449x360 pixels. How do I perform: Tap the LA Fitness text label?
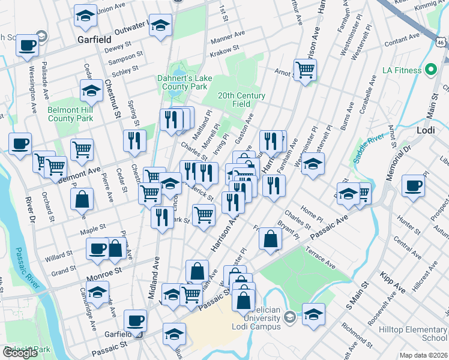click(x=402, y=70)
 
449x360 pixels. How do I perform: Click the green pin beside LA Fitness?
click(x=430, y=70)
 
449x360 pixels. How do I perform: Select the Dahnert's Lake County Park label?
click(x=182, y=82)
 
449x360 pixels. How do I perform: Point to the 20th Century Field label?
click(x=241, y=100)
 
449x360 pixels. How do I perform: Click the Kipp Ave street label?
click(x=393, y=282)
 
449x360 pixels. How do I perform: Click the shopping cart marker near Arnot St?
click(x=306, y=71)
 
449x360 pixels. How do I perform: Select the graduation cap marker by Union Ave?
click(x=85, y=16)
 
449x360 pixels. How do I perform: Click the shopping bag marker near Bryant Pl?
click(x=271, y=239)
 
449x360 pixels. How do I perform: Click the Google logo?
click(x=20, y=353)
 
